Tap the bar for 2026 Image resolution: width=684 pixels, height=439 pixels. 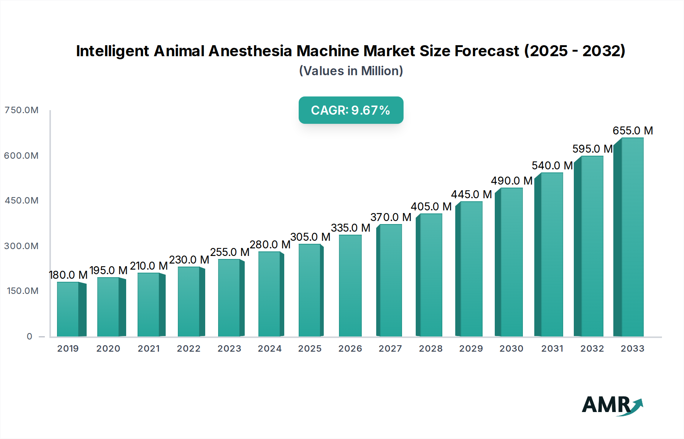pyautogui.click(x=350, y=286)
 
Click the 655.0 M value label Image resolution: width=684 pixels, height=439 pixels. pyautogui.click(x=633, y=131)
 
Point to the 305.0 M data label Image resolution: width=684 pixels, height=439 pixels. pyautogui.click(x=310, y=237)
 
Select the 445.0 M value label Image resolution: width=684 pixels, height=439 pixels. pyautogui.click(x=471, y=194)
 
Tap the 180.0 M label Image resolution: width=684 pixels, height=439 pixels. pyautogui.click(x=68, y=275)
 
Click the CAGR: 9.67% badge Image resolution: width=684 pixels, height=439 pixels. pyautogui.click(x=351, y=110)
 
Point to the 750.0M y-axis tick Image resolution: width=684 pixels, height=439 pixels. pyautogui.click(x=21, y=110)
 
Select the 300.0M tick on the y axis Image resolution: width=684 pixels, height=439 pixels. pyautogui.click(x=21, y=246)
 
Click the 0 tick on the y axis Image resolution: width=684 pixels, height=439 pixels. pyautogui.click(x=29, y=336)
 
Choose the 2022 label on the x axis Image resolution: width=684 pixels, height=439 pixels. pyautogui.click(x=188, y=349)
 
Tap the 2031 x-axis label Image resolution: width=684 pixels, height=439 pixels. pyautogui.click(x=552, y=349)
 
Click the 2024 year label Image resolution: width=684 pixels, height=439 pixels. pyautogui.click(x=269, y=349)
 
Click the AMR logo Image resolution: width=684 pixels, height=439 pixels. pyautogui.click(x=612, y=405)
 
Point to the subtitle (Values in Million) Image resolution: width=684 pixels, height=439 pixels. pyautogui.click(x=351, y=71)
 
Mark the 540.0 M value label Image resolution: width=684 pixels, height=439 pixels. pyautogui.click(x=552, y=166)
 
